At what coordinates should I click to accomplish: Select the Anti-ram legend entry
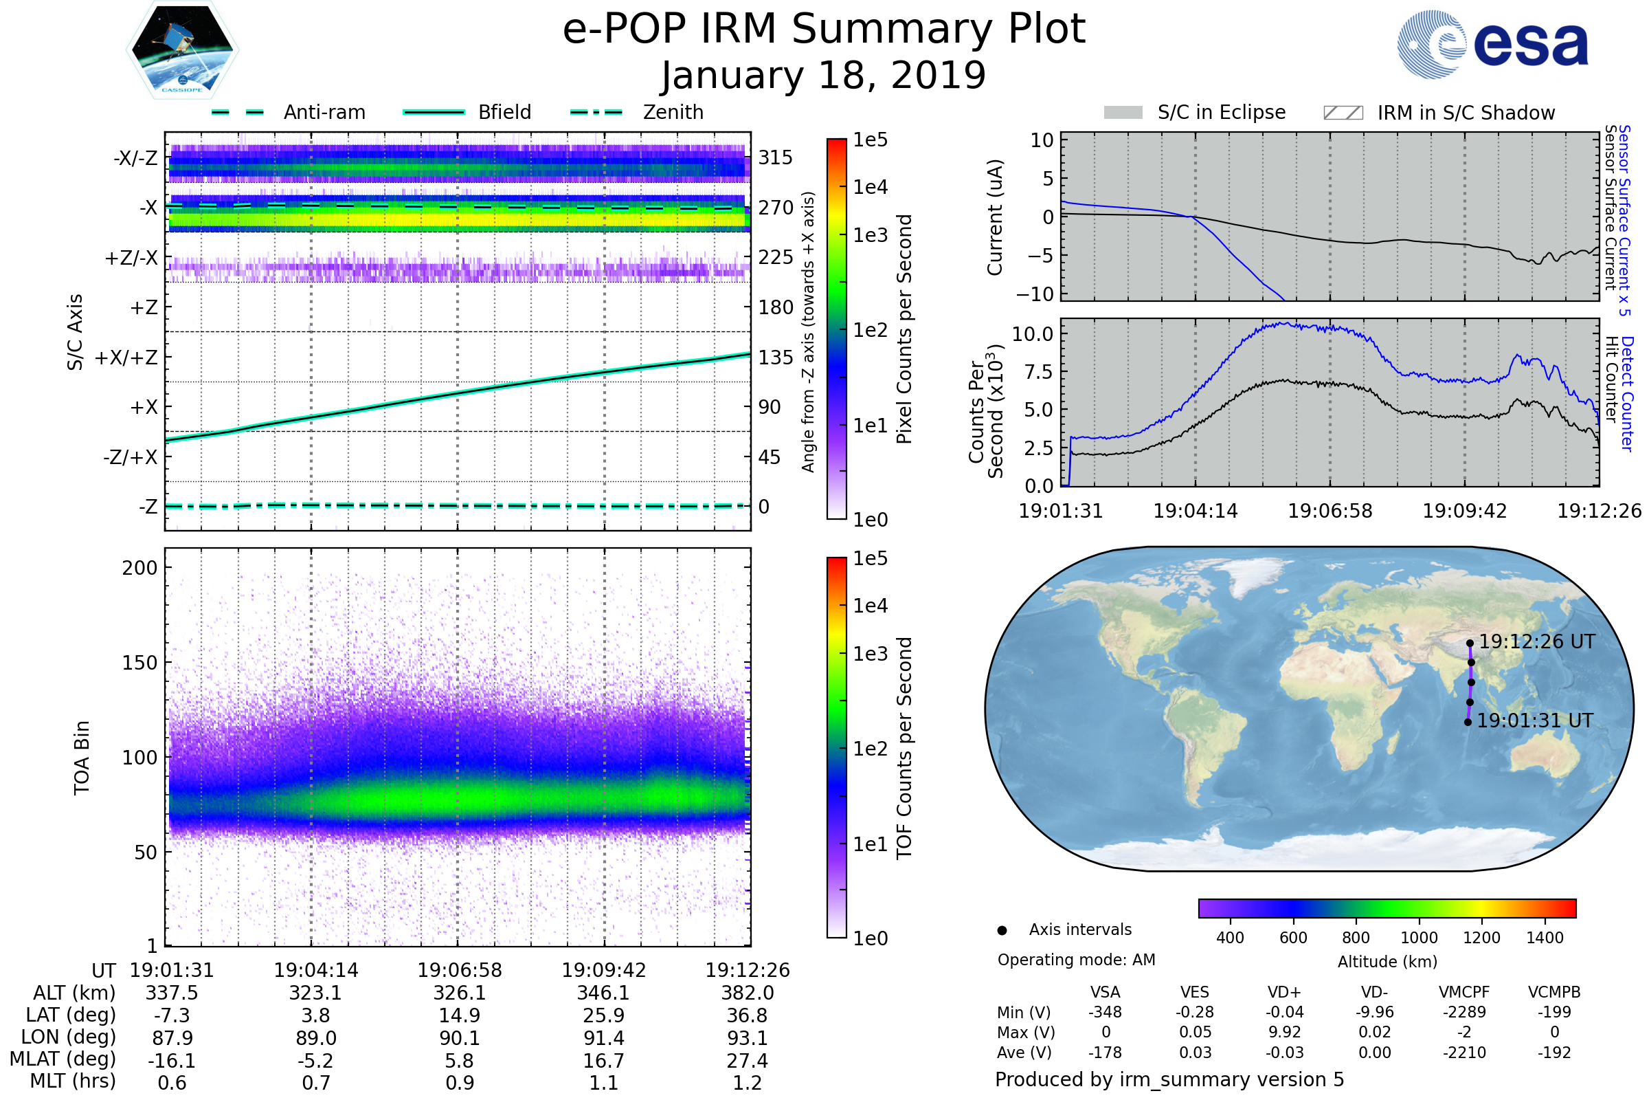click(324, 112)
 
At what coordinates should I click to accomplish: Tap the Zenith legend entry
click(673, 112)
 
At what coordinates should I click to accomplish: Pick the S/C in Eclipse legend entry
click(1221, 112)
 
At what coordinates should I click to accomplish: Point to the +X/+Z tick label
click(126, 357)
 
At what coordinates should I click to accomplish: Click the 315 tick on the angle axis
click(776, 157)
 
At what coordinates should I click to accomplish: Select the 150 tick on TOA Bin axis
click(139, 663)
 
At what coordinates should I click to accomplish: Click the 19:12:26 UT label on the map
click(1536, 642)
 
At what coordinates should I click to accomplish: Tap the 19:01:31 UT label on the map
click(1535, 721)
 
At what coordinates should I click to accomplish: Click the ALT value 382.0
click(748, 993)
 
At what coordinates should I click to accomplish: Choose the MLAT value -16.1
click(172, 1061)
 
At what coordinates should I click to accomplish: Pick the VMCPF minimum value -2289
click(1464, 1012)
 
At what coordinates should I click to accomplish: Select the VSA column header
click(1105, 992)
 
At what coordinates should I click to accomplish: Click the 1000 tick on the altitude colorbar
click(1418, 938)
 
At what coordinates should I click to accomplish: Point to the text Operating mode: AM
click(1076, 960)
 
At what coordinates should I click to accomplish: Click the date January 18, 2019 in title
click(824, 75)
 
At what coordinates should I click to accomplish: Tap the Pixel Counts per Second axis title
click(904, 329)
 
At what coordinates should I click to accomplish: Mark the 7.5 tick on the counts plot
click(1038, 372)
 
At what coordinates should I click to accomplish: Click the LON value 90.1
click(460, 1038)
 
